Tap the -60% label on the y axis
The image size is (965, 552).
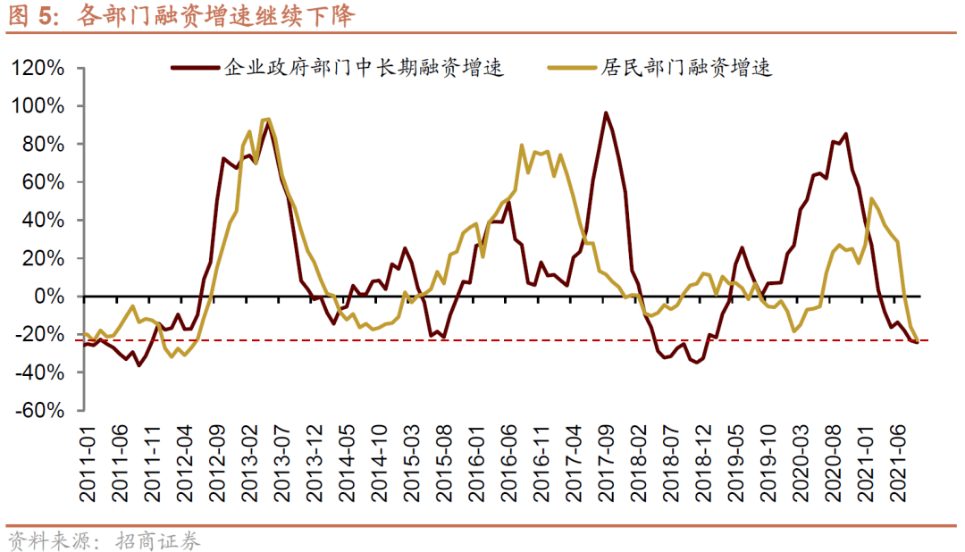(39, 411)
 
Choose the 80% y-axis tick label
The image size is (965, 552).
(45, 145)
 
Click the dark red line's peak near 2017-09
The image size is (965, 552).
(606, 113)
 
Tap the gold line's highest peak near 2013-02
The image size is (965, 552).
(267, 119)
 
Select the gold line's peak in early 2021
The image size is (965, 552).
(871, 198)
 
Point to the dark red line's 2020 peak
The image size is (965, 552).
(845, 134)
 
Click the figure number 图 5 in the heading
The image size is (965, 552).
(26, 15)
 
